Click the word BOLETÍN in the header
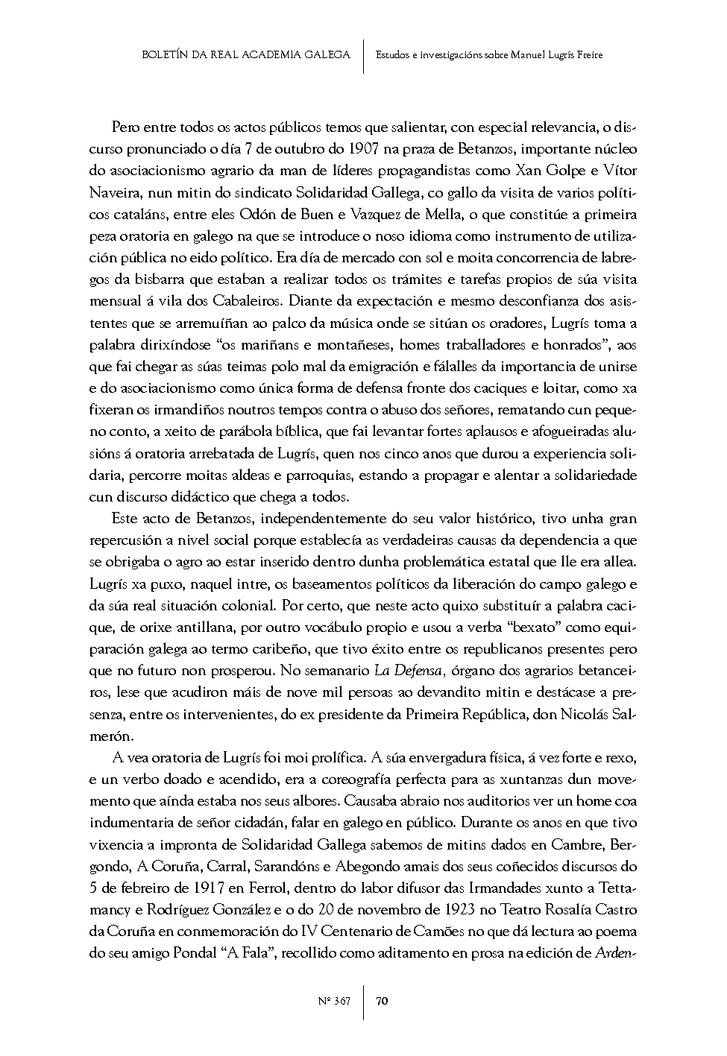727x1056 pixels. (x=166, y=54)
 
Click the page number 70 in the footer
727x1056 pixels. (x=381, y=1001)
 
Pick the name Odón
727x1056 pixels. (x=258, y=215)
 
